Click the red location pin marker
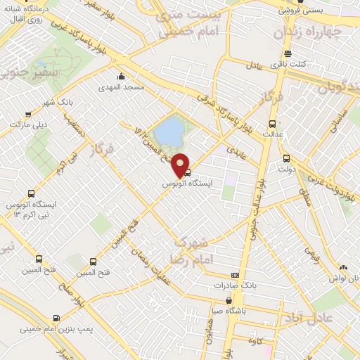[x=181, y=165]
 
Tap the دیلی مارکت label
[x=27, y=124]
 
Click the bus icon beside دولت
[x=285, y=158]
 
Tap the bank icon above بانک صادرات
[x=235, y=275]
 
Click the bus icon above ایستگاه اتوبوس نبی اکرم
[x=31, y=193]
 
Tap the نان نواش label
[x=343, y=277]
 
